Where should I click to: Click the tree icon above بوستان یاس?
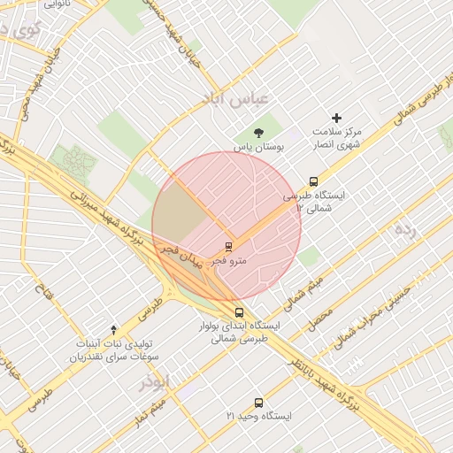tap(257, 133)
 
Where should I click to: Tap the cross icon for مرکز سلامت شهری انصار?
tap(336, 118)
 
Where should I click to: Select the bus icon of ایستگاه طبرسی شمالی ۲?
tap(314, 181)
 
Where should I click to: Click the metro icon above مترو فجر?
tap(229, 247)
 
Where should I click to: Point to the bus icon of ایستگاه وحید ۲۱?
tap(258, 403)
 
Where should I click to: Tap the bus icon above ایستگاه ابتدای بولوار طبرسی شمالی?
tap(239, 312)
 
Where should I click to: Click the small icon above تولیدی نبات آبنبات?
tap(113, 329)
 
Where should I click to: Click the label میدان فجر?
tap(181, 256)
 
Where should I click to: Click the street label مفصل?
tap(320, 319)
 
